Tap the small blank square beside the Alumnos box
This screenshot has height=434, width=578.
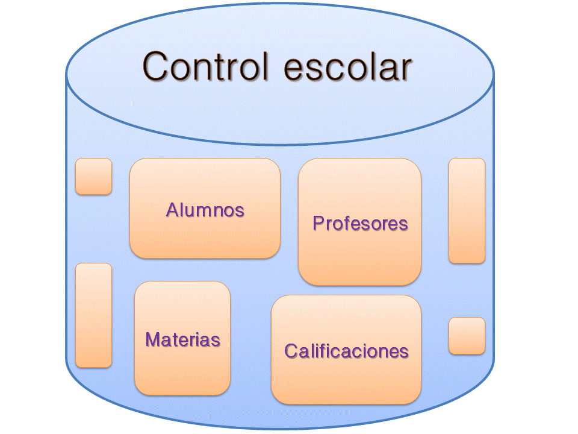pos(93,176)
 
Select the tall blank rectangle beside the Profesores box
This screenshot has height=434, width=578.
pos(467,210)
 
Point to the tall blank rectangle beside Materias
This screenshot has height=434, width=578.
pos(93,315)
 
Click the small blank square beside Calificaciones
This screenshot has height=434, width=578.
pos(467,336)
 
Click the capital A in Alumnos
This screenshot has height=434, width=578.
pos(172,210)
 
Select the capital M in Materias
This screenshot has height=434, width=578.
pos(154,339)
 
